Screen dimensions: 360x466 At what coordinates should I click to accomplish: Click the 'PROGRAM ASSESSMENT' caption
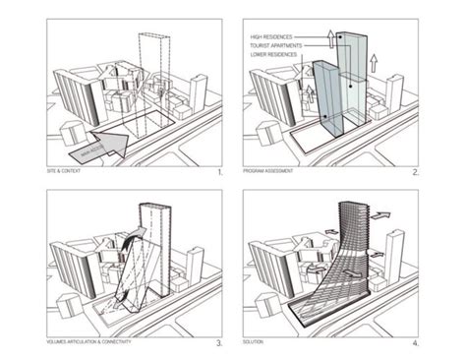coord(270,172)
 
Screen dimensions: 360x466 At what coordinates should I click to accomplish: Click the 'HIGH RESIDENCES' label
coord(275,35)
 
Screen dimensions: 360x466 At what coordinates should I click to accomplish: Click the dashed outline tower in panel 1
coord(152,69)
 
